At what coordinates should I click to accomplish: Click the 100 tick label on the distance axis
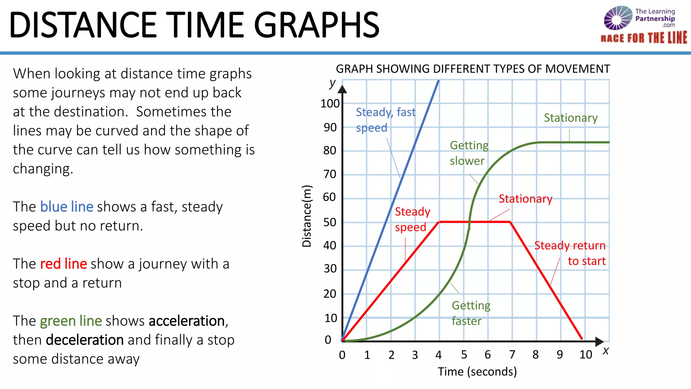(x=330, y=104)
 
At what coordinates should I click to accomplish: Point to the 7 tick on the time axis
(x=512, y=355)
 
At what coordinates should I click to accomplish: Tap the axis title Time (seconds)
(x=477, y=371)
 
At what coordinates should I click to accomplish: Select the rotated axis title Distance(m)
(x=307, y=216)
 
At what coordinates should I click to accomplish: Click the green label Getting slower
(x=469, y=153)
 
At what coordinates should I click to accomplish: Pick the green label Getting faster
(x=471, y=313)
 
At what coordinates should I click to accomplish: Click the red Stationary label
(x=525, y=199)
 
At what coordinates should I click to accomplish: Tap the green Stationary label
(x=571, y=118)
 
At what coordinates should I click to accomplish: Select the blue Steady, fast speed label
(x=385, y=120)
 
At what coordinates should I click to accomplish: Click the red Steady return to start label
(x=570, y=253)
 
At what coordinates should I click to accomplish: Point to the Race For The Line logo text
(x=643, y=38)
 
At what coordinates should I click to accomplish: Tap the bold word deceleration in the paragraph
(x=85, y=340)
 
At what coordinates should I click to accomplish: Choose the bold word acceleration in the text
(x=187, y=321)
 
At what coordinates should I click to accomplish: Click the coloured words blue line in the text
(x=66, y=207)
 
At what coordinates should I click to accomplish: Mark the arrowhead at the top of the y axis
(x=342, y=89)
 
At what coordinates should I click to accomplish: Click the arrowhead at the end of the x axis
(x=599, y=341)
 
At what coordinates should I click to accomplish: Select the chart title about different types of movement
(x=473, y=69)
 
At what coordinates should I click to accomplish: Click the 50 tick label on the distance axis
(x=330, y=222)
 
